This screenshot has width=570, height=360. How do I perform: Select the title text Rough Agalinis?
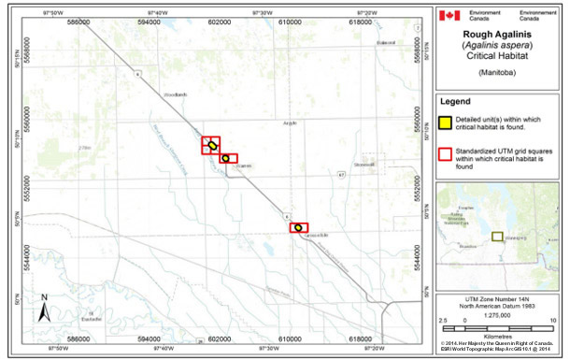pos(501,36)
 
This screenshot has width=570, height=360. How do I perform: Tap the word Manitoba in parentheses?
pos(502,72)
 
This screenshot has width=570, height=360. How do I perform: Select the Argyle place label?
pos(290,122)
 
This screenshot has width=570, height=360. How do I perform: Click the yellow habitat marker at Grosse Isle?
pos(298,227)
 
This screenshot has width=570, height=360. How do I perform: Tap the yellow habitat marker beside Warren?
pos(226,158)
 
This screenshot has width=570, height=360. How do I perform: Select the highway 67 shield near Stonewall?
pos(342,174)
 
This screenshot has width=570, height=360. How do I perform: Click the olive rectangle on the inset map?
pos(498,237)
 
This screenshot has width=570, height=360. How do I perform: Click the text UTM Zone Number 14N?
pos(501,301)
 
